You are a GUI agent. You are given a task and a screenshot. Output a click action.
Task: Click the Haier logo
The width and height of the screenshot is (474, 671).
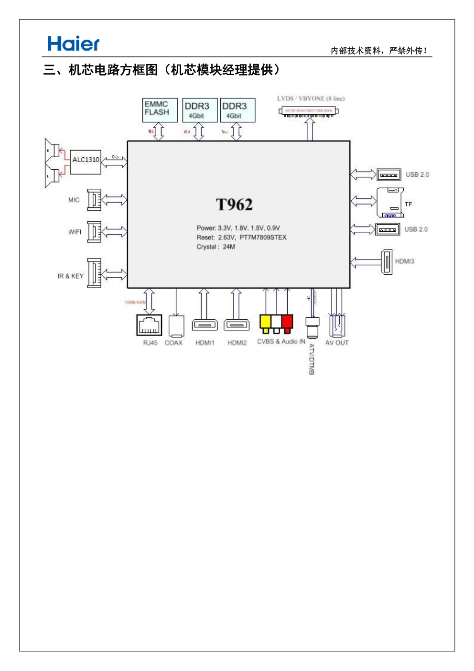(73, 44)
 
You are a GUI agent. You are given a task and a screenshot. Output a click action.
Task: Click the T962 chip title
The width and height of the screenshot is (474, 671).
(234, 205)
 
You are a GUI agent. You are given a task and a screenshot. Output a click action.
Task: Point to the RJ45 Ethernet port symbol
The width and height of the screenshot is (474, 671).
(149, 325)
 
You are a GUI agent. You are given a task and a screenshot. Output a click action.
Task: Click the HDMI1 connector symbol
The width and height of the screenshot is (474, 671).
(205, 325)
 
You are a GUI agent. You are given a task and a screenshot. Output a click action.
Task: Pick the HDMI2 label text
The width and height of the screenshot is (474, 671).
(237, 343)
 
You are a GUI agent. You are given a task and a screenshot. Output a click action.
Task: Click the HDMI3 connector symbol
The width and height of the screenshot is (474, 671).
(387, 262)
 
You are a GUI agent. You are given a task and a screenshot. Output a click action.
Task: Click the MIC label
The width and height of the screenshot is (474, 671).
(74, 200)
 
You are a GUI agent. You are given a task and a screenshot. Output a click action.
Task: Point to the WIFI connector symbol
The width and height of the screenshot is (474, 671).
(94, 232)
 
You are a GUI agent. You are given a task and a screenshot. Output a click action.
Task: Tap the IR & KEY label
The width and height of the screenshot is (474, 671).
(70, 276)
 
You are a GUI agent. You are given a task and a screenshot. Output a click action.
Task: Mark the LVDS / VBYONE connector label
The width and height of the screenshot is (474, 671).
(311, 98)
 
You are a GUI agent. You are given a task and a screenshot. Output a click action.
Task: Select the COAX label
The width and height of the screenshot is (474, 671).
(173, 343)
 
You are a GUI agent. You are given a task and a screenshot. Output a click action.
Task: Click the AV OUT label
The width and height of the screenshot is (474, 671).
(337, 343)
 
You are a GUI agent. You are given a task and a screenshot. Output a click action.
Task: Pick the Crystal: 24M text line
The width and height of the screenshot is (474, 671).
(216, 247)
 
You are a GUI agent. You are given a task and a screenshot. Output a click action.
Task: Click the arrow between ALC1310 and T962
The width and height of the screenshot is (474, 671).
(114, 162)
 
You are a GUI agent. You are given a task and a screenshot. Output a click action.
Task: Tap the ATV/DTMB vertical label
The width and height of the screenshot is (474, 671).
(312, 359)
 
